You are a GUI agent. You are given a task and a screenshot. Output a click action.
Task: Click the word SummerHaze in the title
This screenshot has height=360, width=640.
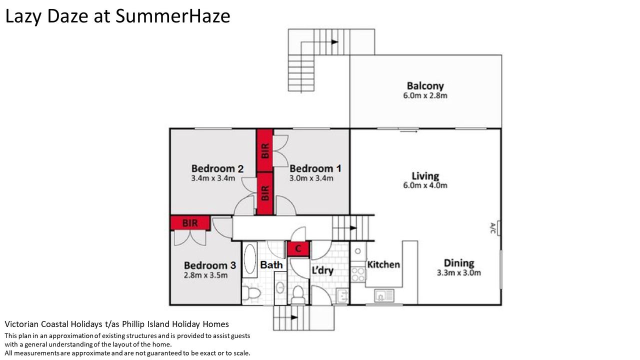tap(172, 16)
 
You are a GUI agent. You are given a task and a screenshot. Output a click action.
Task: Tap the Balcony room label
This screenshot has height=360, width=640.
tap(425, 86)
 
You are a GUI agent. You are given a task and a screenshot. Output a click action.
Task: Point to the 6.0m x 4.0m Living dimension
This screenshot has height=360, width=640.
tap(425, 185)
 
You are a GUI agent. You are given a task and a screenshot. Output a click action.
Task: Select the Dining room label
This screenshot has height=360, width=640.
tap(459, 263)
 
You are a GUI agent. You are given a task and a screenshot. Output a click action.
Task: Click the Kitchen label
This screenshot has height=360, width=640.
tap(383, 264)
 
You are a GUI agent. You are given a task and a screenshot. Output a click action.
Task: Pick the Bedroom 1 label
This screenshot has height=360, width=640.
tap(315, 168)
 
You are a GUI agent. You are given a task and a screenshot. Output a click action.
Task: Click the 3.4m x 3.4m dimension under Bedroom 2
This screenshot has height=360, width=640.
tap(213, 178)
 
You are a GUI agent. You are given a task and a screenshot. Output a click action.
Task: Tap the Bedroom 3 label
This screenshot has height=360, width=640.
tap(210, 265)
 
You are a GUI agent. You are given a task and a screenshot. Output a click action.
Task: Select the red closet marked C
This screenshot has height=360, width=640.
tap(298, 249)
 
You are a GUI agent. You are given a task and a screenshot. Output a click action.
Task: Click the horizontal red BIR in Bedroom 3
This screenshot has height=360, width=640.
tap(190, 223)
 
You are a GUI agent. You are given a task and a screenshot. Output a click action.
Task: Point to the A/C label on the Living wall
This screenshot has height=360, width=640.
tap(492, 228)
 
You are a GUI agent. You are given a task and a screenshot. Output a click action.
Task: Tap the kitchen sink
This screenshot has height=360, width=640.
tap(384, 295)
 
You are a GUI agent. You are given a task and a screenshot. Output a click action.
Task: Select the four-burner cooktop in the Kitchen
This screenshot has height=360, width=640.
tap(358, 274)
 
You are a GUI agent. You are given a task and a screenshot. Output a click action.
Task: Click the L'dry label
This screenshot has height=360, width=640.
tap(322, 270)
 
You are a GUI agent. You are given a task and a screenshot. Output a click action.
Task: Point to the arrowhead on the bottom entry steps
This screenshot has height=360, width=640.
tap(294, 317)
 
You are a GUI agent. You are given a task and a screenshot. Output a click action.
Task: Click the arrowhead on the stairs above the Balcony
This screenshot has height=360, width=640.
tap(334, 42)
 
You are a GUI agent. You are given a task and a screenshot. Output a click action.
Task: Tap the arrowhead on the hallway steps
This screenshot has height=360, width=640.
tap(353, 228)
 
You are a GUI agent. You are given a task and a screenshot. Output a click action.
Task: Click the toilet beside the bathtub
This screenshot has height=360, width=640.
tap(251, 293)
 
